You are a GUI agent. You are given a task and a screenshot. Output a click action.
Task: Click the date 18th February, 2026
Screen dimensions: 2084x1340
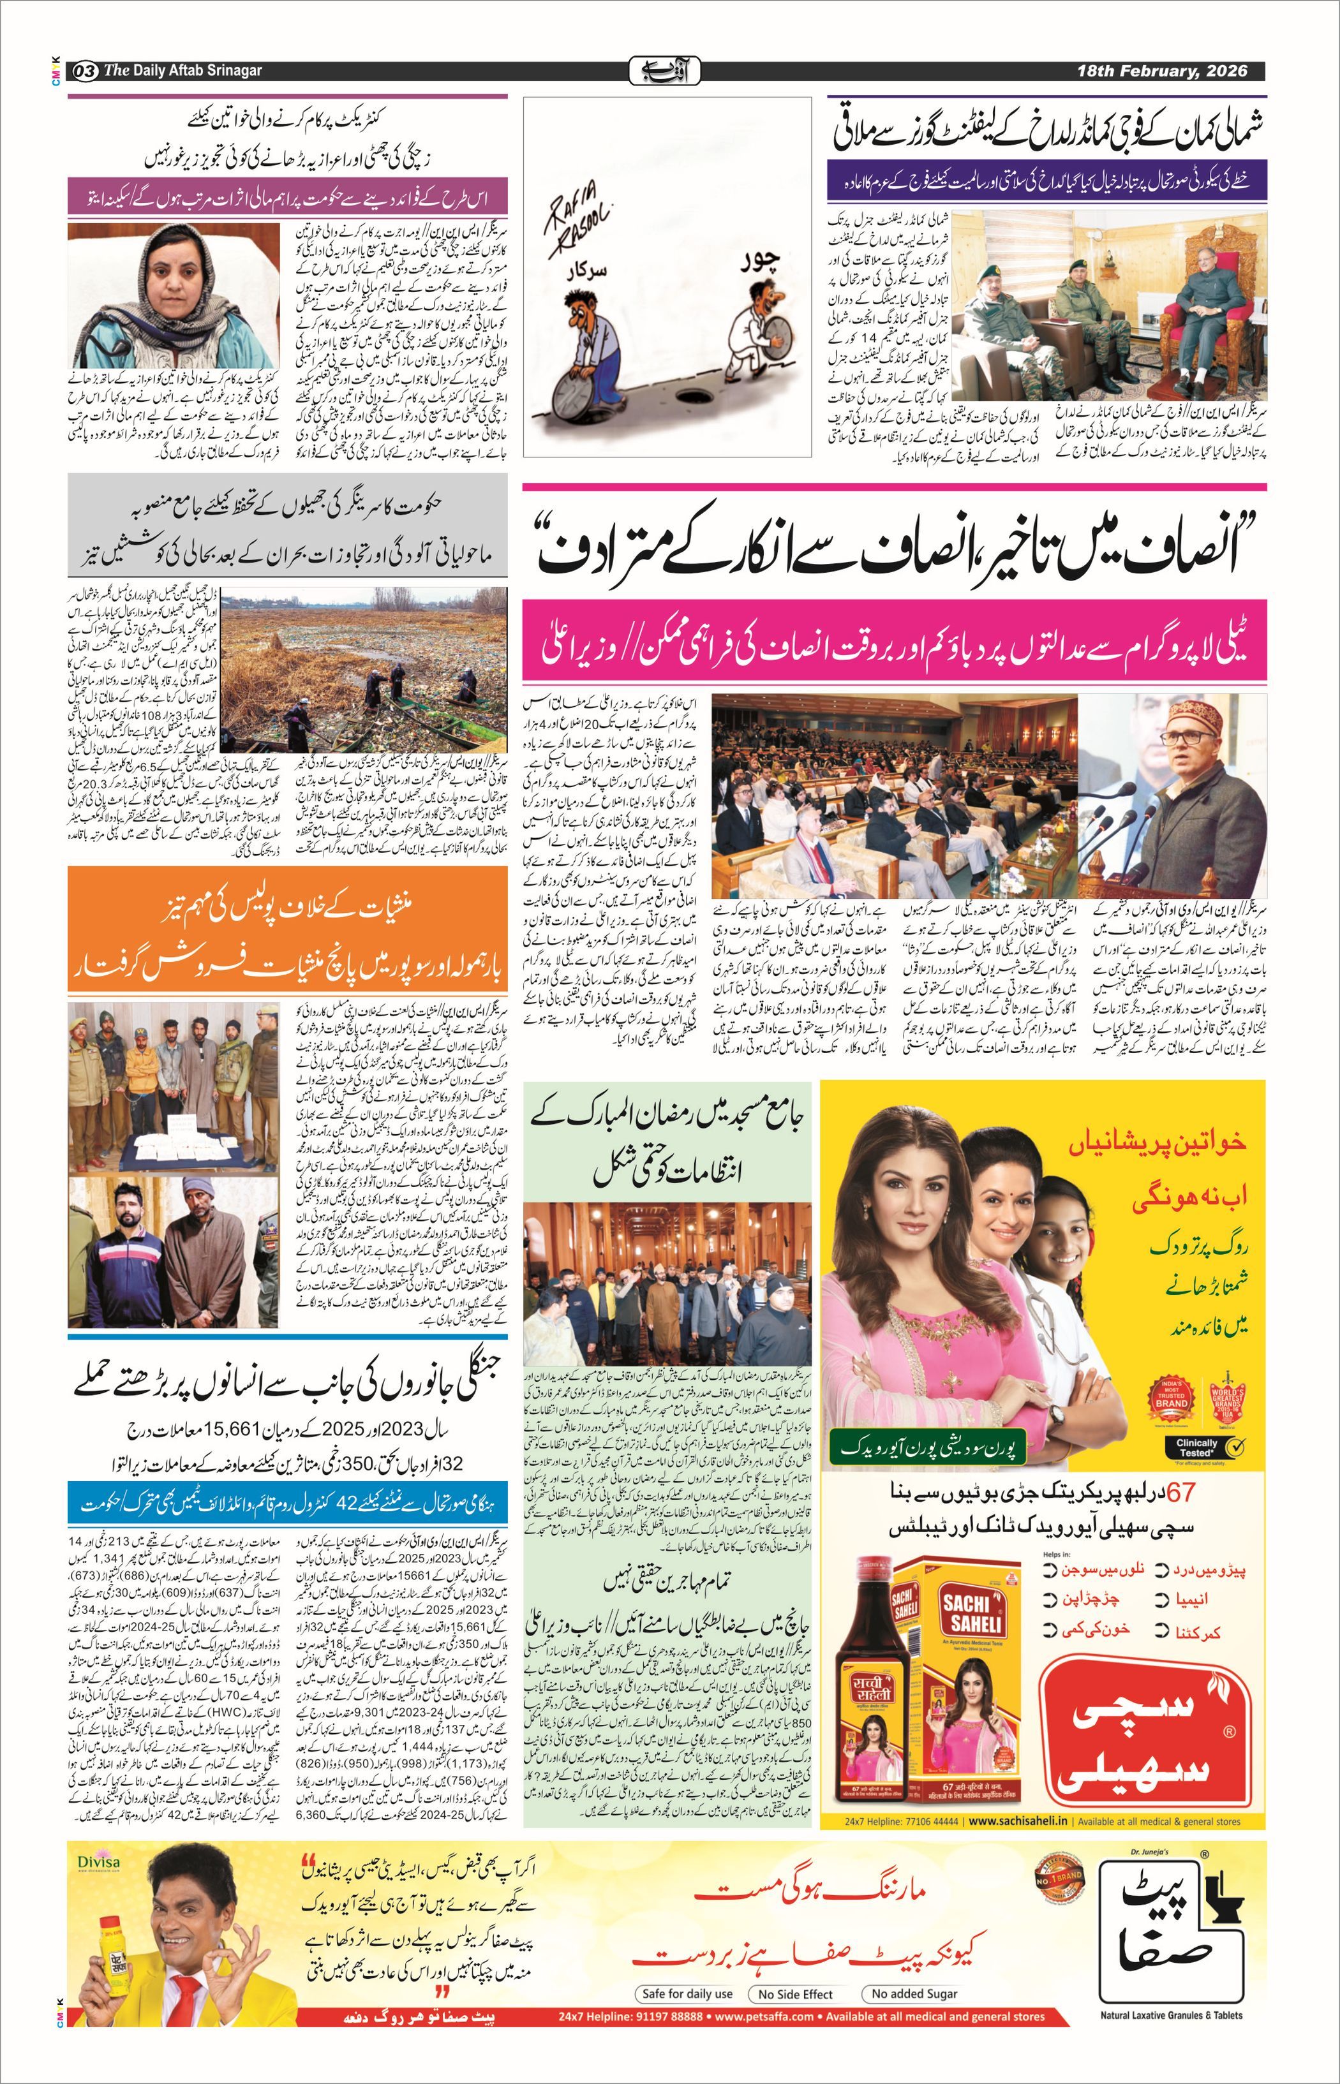pyautogui.click(x=1161, y=70)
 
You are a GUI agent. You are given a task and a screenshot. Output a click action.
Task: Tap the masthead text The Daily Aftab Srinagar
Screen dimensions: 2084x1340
pyautogui.click(x=182, y=70)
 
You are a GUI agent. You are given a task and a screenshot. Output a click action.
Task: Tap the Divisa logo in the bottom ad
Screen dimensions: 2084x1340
pyautogui.click(x=98, y=1862)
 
